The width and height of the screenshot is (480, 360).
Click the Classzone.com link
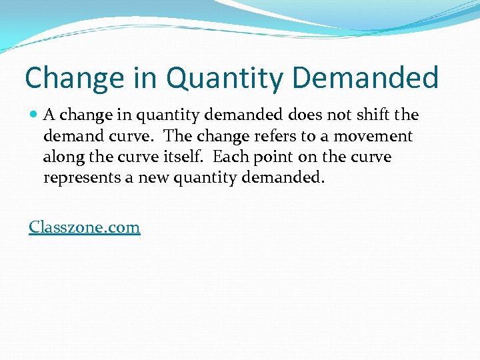85,227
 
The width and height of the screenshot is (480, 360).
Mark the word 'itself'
185,157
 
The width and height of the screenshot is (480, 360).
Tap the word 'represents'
79,178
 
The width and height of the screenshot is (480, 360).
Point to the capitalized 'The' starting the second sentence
177,136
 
